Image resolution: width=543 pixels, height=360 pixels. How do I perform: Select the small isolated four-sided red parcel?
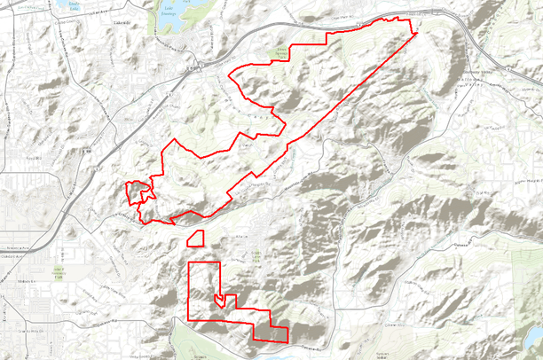(196, 237)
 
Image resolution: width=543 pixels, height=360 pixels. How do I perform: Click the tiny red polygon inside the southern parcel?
(218, 301)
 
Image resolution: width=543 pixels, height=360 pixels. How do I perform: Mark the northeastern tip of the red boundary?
(414, 34)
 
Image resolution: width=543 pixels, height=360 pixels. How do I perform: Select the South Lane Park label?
(256, 256)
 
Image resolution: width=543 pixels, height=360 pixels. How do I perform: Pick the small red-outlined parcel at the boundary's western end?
(136, 192)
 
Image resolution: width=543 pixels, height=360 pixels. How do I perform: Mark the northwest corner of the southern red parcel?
(190, 263)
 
